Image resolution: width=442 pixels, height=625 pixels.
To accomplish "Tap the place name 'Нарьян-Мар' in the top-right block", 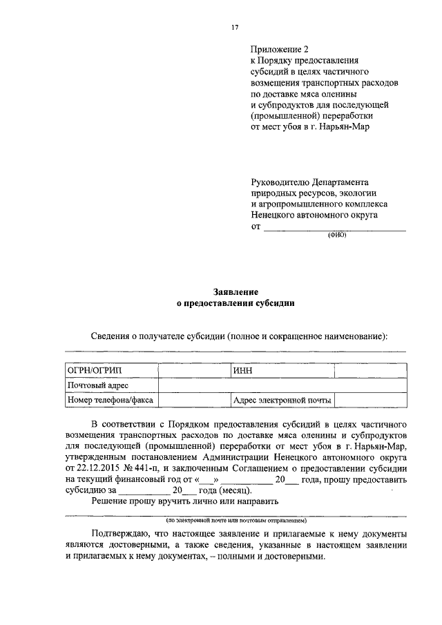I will pyautogui.click(x=346, y=127).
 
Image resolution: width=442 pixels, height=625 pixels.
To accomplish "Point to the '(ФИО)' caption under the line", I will pyautogui.click(x=336, y=235).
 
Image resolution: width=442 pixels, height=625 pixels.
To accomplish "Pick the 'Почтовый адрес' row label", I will pyautogui.click(x=97, y=385).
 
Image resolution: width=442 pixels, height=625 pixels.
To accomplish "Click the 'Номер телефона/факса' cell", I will pyautogui.click(x=110, y=400).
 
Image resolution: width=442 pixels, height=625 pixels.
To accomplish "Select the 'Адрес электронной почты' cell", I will pyautogui.click(x=282, y=400).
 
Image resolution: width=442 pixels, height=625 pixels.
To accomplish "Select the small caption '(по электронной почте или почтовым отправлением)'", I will pyautogui.click(x=236, y=519).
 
